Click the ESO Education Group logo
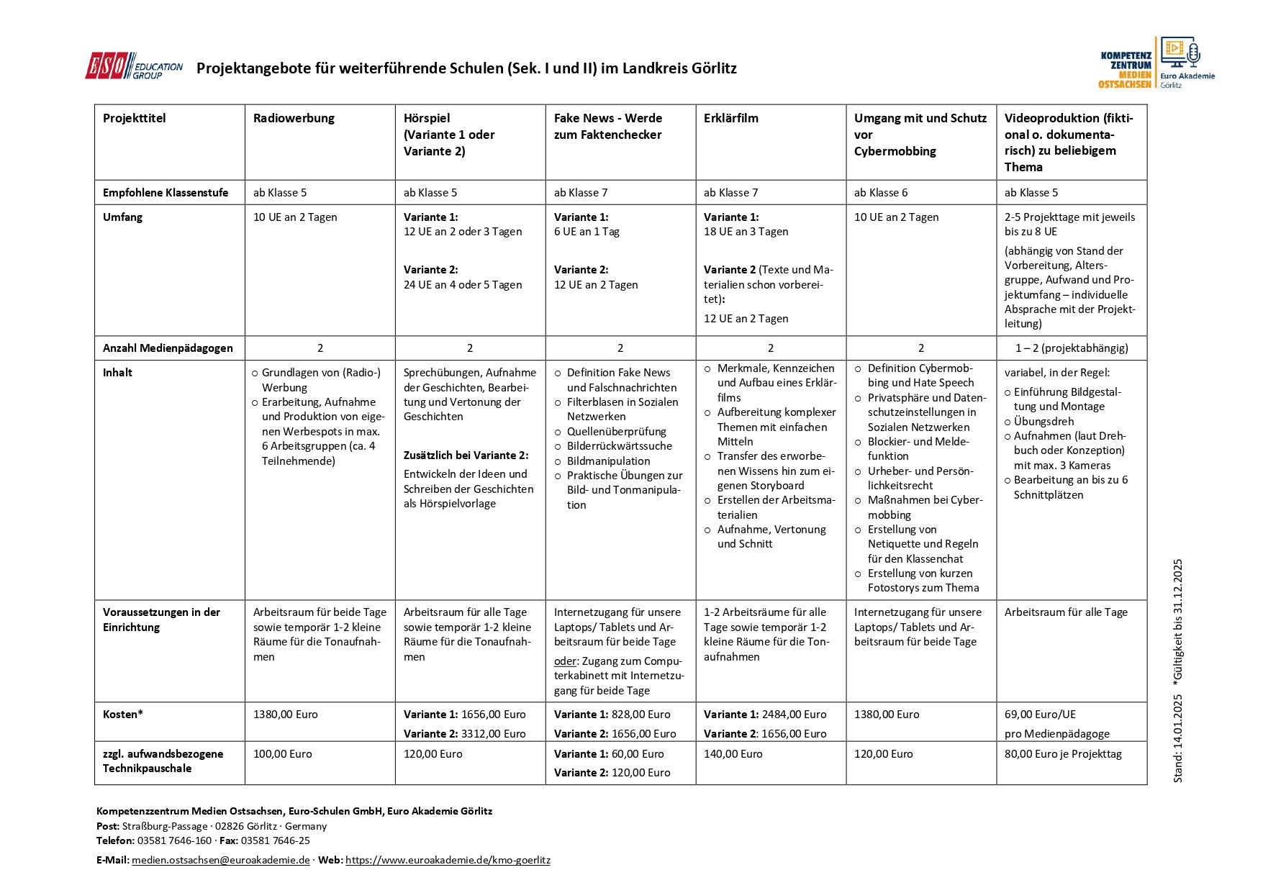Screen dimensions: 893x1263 [x=134, y=66]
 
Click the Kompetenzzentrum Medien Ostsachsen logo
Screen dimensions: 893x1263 [x=1156, y=63]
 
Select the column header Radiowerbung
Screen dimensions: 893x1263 [x=294, y=118]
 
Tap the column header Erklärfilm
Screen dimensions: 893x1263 [x=730, y=118]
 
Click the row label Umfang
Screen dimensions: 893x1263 [x=122, y=217]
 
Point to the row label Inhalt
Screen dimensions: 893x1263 [x=117, y=373]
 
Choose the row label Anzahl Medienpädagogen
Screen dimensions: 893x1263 [x=168, y=348]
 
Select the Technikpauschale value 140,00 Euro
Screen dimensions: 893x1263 [x=733, y=754]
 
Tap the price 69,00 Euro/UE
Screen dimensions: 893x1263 [x=1040, y=715]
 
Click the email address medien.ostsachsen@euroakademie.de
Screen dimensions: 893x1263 [x=220, y=861]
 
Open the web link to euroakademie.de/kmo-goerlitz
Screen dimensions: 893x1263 [x=448, y=861]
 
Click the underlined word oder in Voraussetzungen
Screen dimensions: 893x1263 [x=565, y=661]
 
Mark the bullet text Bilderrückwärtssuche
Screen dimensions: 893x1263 [x=619, y=446]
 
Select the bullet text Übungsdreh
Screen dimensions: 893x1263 [x=1044, y=422]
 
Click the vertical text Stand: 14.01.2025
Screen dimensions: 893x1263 [x=1177, y=738]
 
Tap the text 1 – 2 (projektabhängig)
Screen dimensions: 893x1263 [x=1072, y=348]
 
